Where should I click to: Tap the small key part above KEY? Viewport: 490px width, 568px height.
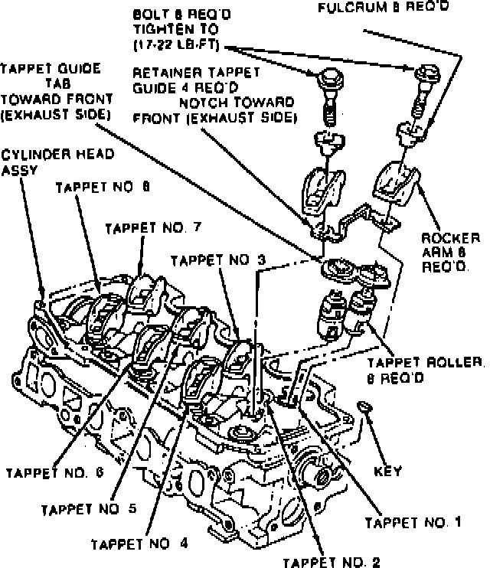[364, 406]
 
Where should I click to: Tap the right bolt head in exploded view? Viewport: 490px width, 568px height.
[428, 73]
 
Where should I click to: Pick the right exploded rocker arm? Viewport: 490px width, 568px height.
[397, 183]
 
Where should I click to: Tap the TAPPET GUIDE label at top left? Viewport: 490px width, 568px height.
[51, 68]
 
